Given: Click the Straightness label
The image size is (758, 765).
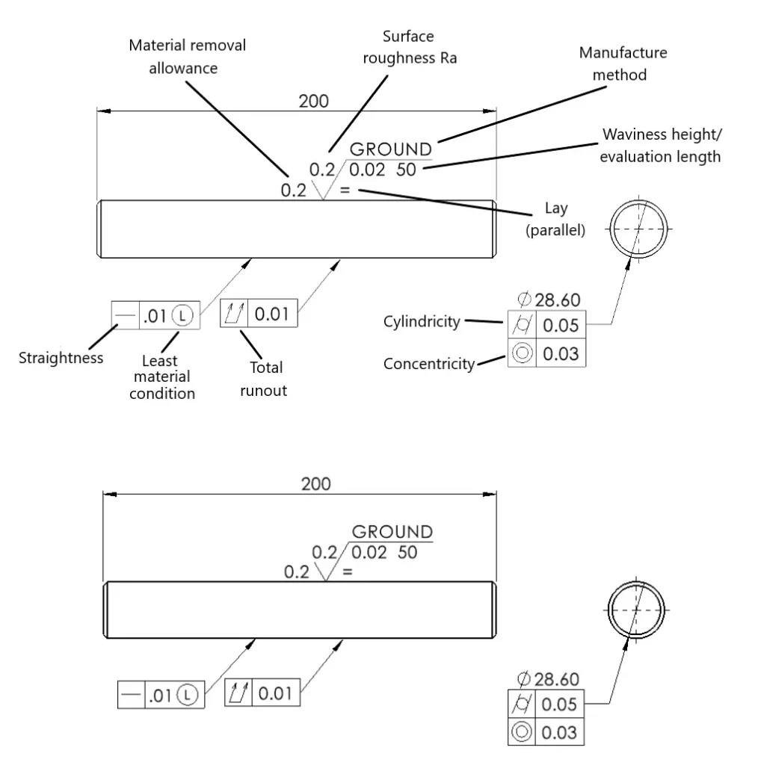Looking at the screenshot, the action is pyautogui.click(x=61, y=358).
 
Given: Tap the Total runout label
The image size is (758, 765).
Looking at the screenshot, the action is pyautogui.click(x=264, y=379).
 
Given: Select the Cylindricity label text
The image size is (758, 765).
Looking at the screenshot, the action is pyautogui.click(x=422, y=321).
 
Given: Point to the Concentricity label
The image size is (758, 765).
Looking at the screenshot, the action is pyautogui.click(x=429, y=364).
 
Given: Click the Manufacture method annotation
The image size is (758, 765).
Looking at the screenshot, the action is pyautogui.click(x=623, y=64).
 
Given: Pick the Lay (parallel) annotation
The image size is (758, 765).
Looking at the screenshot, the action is pyautogui.click(x=555, y=219).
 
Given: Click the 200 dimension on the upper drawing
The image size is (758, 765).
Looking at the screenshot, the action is pyautogui.click(x=313, y=102).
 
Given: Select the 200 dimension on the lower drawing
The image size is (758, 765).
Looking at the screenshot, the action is pyautogui.click(x=315, y=484).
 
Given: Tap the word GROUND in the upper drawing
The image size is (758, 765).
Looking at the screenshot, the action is pyautogui.click(x=391, y=149).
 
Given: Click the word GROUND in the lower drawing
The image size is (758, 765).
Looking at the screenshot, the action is pyautogui.click(x=392, y=532).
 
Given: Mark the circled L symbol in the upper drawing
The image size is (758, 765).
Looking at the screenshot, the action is pyautogui.click(x=182, y=315).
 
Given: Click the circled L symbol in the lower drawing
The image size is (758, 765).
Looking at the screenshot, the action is pyautogui.click(x=188, y=695).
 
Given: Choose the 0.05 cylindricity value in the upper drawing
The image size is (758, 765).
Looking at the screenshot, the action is pyautogui.click(x=561, y=326).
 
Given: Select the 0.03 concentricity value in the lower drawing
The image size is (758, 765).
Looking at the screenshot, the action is pyautogui.click(x=559, y=733).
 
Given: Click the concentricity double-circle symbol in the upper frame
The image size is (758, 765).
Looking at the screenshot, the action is pyautogui.click(x=523, y=353).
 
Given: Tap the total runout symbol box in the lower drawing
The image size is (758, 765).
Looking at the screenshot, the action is pyautogui.click(x=238, y=693).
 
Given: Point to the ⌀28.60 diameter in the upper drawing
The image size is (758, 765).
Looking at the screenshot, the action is pyautogui.click(x=549, y=300).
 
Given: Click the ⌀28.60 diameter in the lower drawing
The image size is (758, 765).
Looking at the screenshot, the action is pyautogui.click(x=548, y=679).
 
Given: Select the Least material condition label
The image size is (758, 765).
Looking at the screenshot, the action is pyautogui.click(x=162, y=377).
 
